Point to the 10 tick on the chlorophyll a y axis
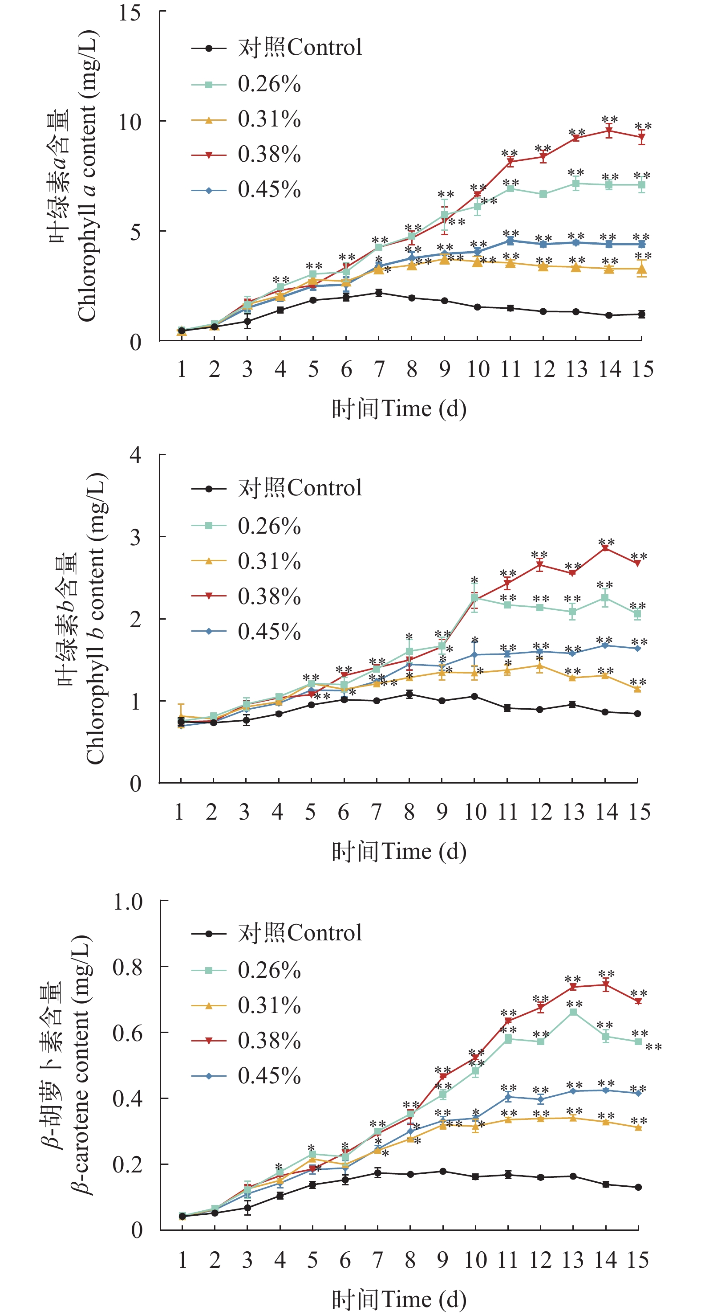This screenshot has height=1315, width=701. click(130, 122)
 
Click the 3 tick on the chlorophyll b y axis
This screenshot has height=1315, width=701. click(135, 537)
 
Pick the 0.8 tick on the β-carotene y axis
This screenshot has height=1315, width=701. click(128, 967)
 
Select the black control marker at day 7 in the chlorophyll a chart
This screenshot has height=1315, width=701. click(379, 293)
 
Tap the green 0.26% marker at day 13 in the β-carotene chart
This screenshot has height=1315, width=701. click(573, 1012)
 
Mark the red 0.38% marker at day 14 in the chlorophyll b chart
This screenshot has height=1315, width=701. click(605, 548)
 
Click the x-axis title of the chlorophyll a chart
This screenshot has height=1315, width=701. click(399, 409)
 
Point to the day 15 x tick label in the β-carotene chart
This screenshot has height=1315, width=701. click(638, 1260)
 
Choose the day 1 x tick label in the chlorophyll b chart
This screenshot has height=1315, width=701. click(179, 812)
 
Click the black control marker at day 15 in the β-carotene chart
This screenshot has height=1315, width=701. click(638, 1187)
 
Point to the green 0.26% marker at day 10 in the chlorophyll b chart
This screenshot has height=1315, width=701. click(474, 598)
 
